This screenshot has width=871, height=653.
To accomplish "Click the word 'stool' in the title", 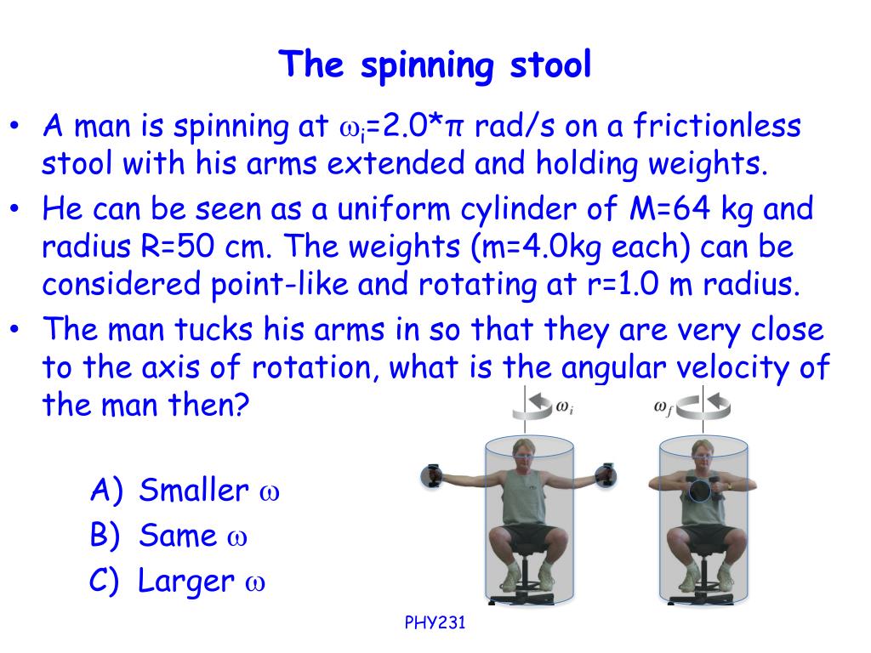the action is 550,65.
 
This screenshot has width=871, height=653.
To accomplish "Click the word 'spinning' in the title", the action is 427,66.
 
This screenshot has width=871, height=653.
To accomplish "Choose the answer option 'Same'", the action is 177,536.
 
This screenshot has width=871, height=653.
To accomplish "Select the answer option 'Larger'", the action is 186,582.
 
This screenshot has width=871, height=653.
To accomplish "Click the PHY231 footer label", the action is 435,623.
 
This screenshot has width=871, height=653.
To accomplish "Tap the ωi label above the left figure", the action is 565,407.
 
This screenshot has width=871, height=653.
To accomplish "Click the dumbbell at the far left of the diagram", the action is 431,476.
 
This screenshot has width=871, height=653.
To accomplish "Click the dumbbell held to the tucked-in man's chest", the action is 701,491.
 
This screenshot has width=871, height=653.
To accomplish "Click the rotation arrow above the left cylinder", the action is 532,408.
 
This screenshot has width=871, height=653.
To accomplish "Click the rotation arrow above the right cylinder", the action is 703,407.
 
